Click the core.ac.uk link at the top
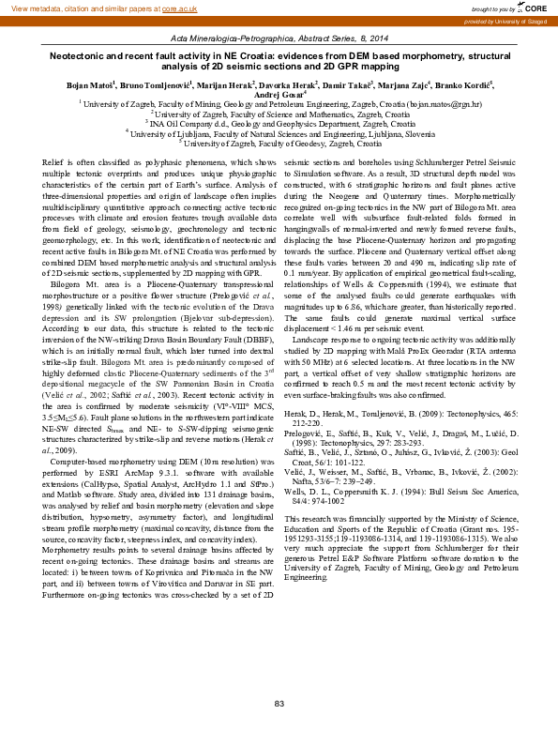[x=182, y=8]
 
